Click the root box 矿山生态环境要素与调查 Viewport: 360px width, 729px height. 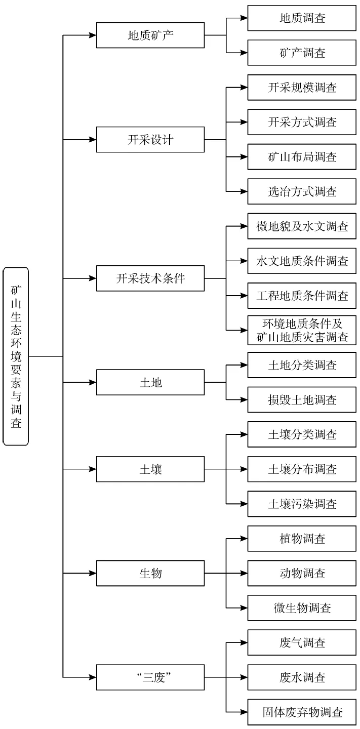click(x=16, y=356)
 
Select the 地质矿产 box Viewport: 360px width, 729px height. click(x=150, y=35)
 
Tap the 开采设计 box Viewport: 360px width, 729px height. click(x=150, y=139)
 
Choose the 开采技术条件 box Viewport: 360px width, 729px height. click(x=150, y=278)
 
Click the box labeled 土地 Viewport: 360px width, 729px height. click(x=150, y=382)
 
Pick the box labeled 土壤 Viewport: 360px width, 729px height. click(x=150, y=469)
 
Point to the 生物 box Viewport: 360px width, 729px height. click(x=150, y=573)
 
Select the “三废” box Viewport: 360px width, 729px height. click(x=150, y=677)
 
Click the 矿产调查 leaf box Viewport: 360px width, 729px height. click(x=302, y=53)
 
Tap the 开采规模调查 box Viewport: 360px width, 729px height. click(x=302, y=88)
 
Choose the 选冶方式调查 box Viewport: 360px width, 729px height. click(x=302, y=192)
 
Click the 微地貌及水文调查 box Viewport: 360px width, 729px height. click(x=302, y=226)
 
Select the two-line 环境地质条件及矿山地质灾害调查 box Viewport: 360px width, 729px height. click(x=302, y=330)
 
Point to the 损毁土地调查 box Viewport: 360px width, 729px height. click(x=302, y=400)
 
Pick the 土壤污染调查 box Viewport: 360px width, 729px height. click(x=302, y=504)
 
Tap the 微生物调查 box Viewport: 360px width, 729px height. click(x=302, y=608)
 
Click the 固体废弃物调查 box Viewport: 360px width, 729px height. click(x=302, y=712)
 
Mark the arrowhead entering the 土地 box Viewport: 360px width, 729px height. click(x=93, y=382)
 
